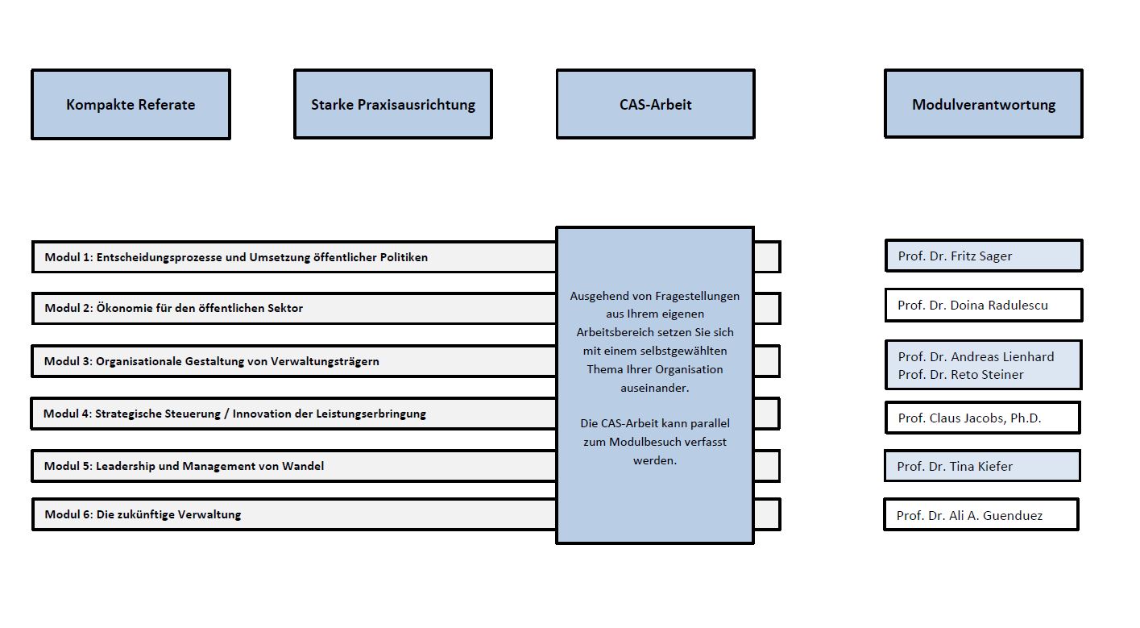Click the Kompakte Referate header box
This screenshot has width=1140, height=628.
131,105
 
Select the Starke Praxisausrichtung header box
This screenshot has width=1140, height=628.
393,105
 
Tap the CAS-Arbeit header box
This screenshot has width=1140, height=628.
655,105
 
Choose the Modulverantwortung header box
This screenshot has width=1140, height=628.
983,105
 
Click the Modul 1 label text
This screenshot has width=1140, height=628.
236,257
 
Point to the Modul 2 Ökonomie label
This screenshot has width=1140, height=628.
174,308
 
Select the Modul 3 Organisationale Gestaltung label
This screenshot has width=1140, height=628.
212,361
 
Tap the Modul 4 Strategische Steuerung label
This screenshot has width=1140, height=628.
234,414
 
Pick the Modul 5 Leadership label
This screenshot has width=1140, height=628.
184,466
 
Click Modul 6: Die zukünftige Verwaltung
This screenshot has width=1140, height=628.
143,514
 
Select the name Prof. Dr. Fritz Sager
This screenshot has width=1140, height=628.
955,256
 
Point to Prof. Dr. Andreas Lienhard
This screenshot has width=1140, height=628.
976,356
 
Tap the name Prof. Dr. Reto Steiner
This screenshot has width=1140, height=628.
960,375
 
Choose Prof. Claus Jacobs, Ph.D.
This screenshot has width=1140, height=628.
969,418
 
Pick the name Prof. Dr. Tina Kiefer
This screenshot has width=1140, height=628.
955,466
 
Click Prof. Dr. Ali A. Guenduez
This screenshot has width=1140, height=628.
969,516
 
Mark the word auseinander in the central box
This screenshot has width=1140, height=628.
654,388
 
